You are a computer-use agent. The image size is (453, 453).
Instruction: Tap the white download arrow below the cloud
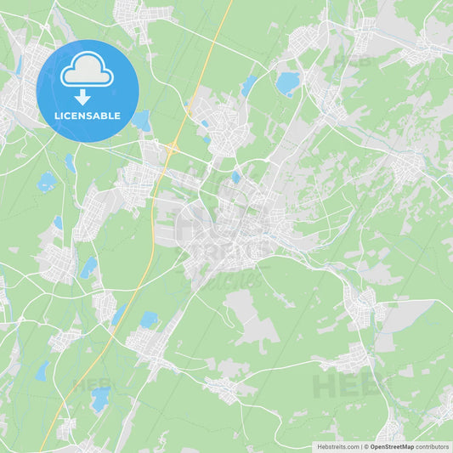82,97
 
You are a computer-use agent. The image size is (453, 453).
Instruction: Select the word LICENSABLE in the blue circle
87,115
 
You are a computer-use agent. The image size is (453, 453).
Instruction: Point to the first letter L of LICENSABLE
56,115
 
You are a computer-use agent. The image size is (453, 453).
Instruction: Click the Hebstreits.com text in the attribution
337,446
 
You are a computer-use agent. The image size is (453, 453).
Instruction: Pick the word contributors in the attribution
433,446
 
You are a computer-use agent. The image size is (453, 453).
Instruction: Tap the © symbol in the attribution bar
365,446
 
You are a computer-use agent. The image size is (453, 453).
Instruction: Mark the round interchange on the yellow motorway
171,148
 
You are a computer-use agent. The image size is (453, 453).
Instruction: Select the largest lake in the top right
288,82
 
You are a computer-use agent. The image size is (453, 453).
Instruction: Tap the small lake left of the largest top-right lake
248,85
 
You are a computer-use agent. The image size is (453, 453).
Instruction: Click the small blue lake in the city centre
235,178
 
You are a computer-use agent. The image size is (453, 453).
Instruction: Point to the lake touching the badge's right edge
142,122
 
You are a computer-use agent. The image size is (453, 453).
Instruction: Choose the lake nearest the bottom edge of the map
100,399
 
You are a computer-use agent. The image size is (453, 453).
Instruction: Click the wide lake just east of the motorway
150,320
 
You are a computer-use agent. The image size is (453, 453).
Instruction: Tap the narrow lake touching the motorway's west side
117,314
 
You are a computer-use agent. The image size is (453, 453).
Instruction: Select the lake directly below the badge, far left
47,182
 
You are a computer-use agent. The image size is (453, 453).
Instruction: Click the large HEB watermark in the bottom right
346,387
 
